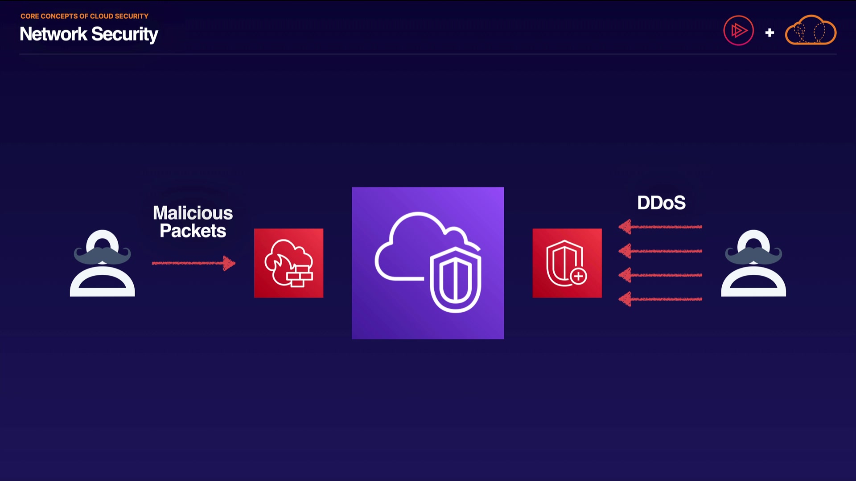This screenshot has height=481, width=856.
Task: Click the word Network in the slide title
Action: pos(53,34)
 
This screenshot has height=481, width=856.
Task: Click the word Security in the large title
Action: pos(125,35)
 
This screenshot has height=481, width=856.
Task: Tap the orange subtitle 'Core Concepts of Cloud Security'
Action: pos(84,16)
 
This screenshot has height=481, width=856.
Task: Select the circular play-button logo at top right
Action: pos(738,31)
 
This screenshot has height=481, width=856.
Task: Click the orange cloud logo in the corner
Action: pos(811,30)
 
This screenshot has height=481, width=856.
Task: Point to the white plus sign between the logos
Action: pos(770,33)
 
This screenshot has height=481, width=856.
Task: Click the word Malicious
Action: pos(193,213)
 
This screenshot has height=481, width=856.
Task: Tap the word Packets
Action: pos(193,231)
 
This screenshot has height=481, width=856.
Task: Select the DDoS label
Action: pos(661,203)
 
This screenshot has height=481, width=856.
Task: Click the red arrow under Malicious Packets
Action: pos(193,263)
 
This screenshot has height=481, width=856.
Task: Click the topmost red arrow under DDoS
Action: pos(660,227)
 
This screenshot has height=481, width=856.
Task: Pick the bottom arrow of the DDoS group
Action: pos(660,299)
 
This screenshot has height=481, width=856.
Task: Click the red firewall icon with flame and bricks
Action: pos(288,263)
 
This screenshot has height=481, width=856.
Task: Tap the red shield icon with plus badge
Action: pos(567,263)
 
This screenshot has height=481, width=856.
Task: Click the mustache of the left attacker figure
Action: pos(102,255)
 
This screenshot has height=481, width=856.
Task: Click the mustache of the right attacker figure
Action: pos(753,255)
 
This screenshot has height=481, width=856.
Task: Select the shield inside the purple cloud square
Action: pos(455,279)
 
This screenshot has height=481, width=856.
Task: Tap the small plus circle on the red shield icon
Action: pos(578,276)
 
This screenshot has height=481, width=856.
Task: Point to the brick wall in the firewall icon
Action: pos(300,276)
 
